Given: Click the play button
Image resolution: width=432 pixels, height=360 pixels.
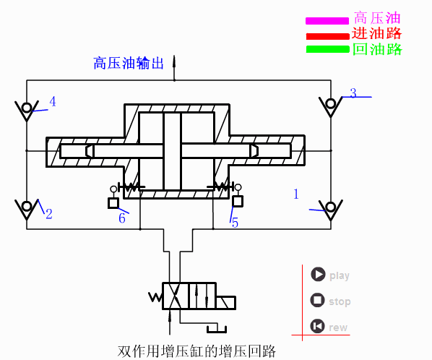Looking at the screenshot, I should point(318,275).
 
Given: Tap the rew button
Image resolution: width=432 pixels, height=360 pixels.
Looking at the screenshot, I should point(318,327).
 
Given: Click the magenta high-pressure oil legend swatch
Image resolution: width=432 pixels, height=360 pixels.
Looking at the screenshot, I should point(327,20).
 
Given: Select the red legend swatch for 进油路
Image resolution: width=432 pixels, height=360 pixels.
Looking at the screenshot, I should point(327,35).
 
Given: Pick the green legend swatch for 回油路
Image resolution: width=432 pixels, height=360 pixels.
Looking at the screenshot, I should point(327,50).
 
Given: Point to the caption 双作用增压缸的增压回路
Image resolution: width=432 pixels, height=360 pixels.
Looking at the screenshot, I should point(196,352).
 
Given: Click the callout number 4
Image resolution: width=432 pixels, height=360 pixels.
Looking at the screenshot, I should point(52,101).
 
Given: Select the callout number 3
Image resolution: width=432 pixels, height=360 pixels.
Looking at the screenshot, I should point(353,93).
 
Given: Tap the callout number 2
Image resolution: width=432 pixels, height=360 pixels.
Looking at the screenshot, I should point(49,214).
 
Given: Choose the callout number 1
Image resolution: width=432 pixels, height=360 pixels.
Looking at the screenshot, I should point(295,194).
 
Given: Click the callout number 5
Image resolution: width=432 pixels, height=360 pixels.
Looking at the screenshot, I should point(235,223).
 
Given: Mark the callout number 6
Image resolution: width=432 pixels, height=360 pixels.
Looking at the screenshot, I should point(122,218).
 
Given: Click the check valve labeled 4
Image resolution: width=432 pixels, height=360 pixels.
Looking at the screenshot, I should point(27,111).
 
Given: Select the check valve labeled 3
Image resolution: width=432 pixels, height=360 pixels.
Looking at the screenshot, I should point(331,106).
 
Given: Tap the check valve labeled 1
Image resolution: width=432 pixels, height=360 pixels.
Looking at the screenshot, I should point(331,210).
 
